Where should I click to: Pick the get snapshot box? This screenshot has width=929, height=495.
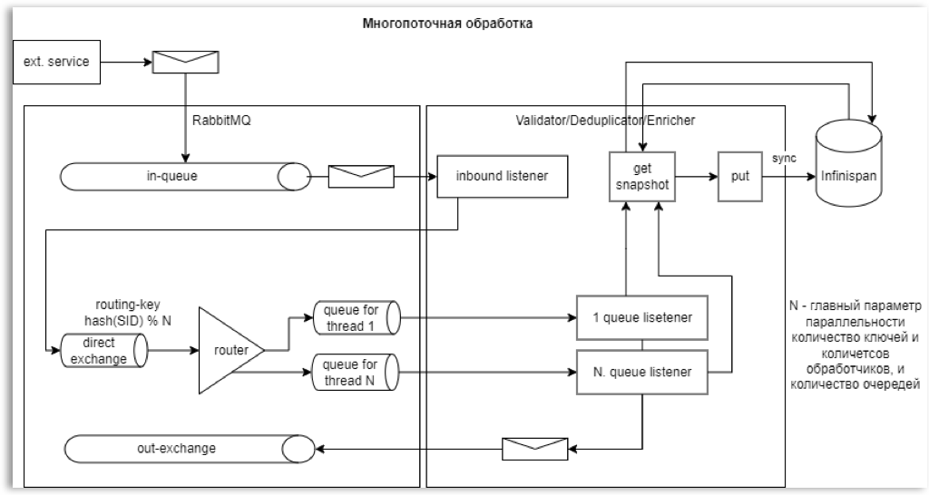(x=641, y=176)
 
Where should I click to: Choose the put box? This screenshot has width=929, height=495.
(x=739, y=176)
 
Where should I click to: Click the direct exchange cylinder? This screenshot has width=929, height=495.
(x=99, y=348)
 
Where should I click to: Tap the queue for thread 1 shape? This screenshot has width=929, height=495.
(x=355, y=318)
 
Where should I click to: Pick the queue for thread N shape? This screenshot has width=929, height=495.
(x=355, y=371)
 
